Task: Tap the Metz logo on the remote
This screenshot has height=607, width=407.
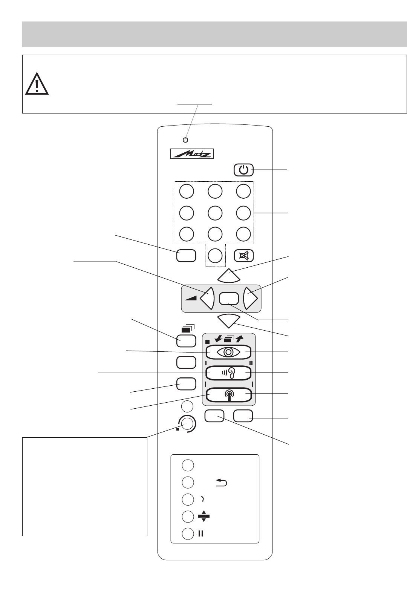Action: pyautogui.click(x=192, y=154)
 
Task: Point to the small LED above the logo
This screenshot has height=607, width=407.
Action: pyautogui.click(x=185, y=140)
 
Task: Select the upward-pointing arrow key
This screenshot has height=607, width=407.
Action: pyautogui.click(x=229, y=276)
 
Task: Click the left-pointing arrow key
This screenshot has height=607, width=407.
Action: pyautogui.click(x=207, y=299)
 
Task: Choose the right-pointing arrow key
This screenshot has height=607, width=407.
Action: pyautogui.click(x=251, y=299)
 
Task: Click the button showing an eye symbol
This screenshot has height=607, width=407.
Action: pyautogui.click(x=228, y=352)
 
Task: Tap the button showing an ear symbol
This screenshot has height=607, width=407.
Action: pyautogui.click(x=228, y=373)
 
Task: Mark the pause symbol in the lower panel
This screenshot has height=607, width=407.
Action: pyautogui.click(x=200, y=533)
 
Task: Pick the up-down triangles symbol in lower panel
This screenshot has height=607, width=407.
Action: pyautogui.click(x=203, y=517)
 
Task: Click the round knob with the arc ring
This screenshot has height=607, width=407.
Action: pyautogui.click(x=188, y=424)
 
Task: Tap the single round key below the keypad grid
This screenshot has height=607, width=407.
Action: pyautogui.click(x=215, y=256)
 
